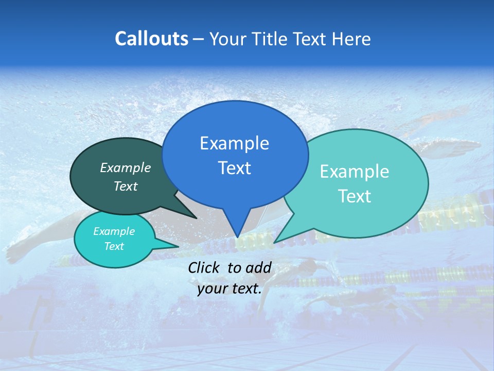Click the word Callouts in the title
click(152, 39)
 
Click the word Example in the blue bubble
click(234, 143)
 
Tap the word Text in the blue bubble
click(234, 168)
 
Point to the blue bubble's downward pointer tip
click(237, 237)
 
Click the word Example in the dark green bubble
click(126, 167)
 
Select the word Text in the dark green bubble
click(126, 186)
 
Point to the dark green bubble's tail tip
click(196, 217)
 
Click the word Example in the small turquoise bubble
click(114, 231)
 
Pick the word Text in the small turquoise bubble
click(114, 246)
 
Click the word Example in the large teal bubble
click(355, 172)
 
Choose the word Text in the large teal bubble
click(355, 196)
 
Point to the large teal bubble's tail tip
click(275, 242)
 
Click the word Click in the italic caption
click(205, 267)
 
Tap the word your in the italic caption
click(212, 289)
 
